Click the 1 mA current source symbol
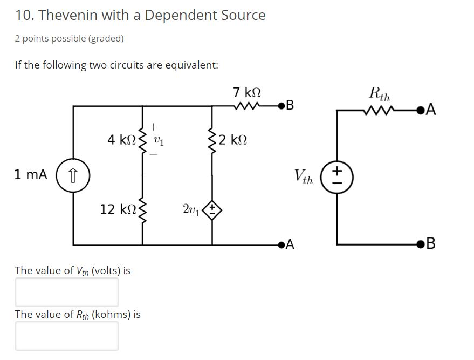tap(73, 175)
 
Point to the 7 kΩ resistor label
tap(248, 92)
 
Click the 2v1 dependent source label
tap(192, 209)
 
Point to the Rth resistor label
tap(379, 93)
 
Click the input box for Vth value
tap(66, 292)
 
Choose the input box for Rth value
tap(66, 336)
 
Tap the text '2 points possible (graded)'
tap(69, 38)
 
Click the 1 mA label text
tap(31, 175)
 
